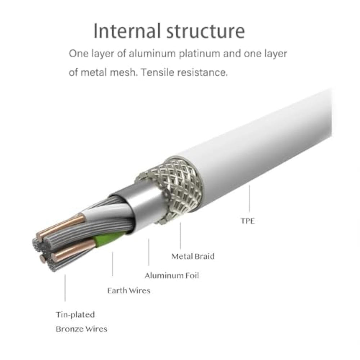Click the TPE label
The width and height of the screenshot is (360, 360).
point(248,221)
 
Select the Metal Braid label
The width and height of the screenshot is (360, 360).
point(193,256)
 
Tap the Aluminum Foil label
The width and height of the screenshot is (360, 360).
point(172,276)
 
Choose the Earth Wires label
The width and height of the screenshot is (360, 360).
point(129,291)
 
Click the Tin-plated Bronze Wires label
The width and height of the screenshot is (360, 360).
point(81,322)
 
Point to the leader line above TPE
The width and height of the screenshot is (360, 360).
point(249,198)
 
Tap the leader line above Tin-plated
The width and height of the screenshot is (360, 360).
point(65,288)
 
